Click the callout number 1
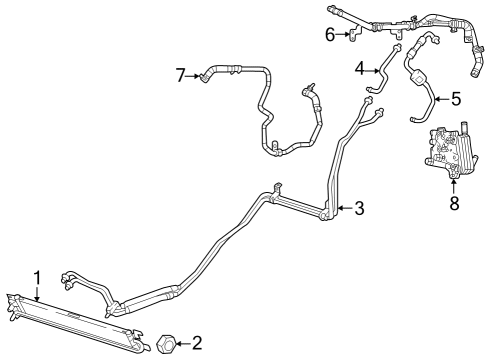(x=37, y=276)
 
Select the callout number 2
(x=197, y=343)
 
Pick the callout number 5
(x=455, y=99)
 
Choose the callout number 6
(x=329, y=36)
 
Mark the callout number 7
(x=181, y=74)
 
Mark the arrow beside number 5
(x=442, y=99)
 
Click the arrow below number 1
(x=37, y=292)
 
